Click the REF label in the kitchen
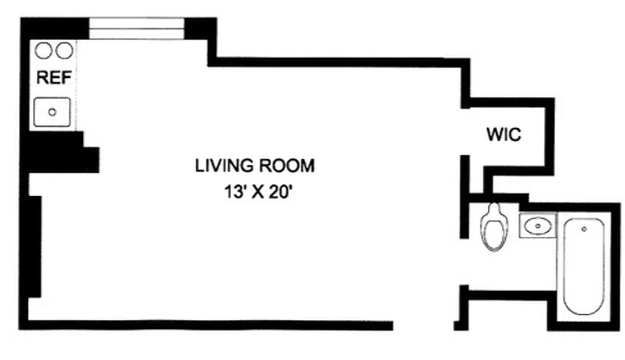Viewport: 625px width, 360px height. (x=54, y=78)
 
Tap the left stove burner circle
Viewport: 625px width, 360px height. (x=43, y=51)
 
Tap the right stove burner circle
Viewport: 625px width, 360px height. (x=64, y=51)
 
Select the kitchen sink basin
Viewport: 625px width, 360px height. (x=52, y=112)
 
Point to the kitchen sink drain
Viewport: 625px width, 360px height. (x=52, y=112)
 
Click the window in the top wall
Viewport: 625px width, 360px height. (x=136, y=28)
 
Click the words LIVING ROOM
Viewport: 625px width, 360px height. (x=254, y=166)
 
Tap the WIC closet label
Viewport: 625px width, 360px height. (x=504, y=135)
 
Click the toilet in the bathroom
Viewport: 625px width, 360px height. (x=494, y=227)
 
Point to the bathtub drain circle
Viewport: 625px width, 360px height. (x=584, y=229)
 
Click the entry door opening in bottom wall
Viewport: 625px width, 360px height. (x=423, y=325)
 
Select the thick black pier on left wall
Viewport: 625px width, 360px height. (x=35, y=246)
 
